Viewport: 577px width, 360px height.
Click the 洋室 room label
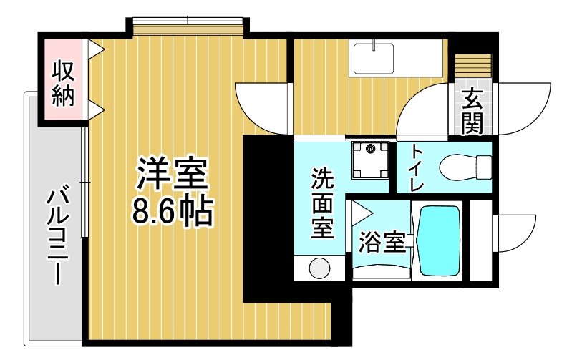coord(173,175)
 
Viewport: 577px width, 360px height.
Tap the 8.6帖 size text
coord(173,212)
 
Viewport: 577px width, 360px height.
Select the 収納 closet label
coord(63,84)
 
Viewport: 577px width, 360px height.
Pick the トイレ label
coord(417,167)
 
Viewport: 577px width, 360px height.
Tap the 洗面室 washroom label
coord(322,203)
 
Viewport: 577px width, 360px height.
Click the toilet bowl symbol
coord(465,167)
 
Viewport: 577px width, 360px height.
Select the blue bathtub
coord(440,241)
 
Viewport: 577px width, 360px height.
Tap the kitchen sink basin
coord(374,59)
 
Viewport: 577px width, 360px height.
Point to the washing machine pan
coord(370,160)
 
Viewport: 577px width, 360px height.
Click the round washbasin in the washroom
coord(319,268)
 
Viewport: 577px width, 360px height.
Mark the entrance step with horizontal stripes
coord(473,66)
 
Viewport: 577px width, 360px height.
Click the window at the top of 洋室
coord(188,26)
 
